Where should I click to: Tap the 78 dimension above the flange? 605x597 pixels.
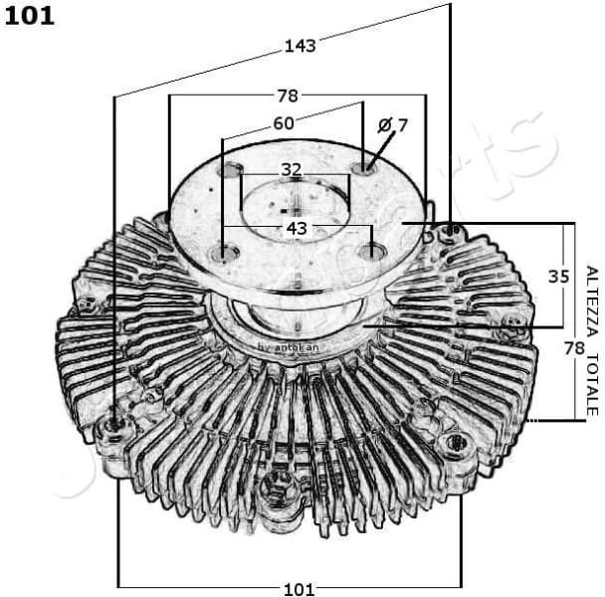click(288, 96)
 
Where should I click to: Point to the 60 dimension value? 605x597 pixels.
click(285, 124)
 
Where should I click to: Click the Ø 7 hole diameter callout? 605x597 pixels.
click(393, 124)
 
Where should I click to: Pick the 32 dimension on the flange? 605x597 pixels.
click(291, 170)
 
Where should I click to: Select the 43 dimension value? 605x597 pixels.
click(297, 228)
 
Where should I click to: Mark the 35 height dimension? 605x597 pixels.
click(558, 276)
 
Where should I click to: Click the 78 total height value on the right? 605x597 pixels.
click(574, 347)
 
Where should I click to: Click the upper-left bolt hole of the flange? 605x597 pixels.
click(233, 171)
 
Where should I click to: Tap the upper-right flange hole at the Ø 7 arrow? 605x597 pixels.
click(366, 164)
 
